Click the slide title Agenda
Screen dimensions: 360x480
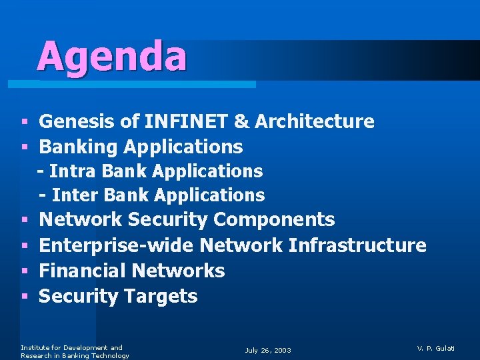(112, 56)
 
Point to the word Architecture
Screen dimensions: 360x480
(314, 121)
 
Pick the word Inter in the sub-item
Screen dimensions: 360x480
(73, 195)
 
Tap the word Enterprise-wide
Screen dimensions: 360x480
(117, 245)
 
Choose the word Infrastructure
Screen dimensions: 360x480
(357, 245)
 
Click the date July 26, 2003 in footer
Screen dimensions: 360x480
(268, 350)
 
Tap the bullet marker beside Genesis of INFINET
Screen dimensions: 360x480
(24, 122)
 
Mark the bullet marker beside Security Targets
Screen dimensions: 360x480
(24, 297)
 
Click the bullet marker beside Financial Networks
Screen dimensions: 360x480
(24, 271)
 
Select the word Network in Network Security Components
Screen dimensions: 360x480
(81, 219)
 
